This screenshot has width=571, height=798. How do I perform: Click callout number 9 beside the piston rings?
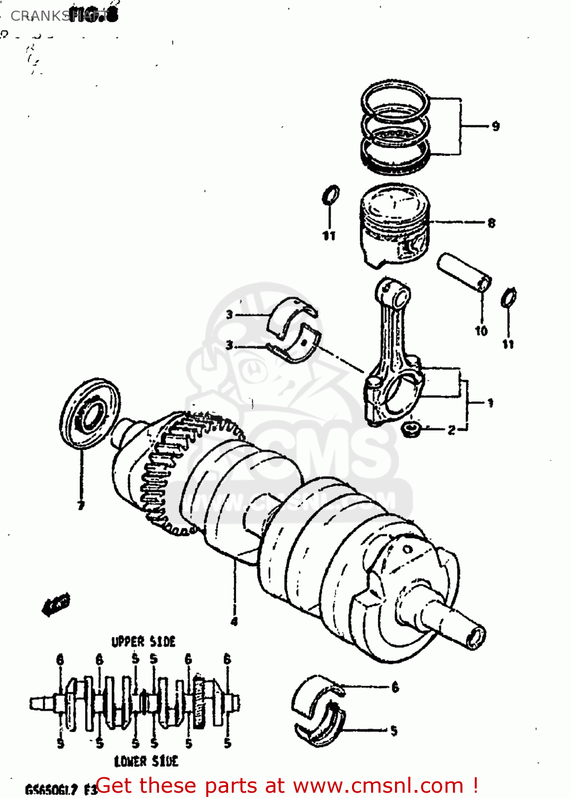(496, 126)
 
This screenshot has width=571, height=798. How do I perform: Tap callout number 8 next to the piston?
(491, 223)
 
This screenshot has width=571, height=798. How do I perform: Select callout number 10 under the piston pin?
(481, 331)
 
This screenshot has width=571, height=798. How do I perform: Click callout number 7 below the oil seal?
(81, 505)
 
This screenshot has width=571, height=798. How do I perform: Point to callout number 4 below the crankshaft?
(234, 621)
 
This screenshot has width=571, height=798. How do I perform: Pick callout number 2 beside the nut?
(451, 430)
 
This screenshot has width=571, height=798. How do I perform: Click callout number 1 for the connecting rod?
(490, 403)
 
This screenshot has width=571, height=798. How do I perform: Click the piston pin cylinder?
(464, 272)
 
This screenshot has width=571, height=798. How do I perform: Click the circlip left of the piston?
(330, 195)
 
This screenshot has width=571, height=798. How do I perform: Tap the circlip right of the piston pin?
(509, 298)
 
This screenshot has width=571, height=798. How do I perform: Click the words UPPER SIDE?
(143, 642)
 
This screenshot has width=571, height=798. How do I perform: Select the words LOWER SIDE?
(146, 761)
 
